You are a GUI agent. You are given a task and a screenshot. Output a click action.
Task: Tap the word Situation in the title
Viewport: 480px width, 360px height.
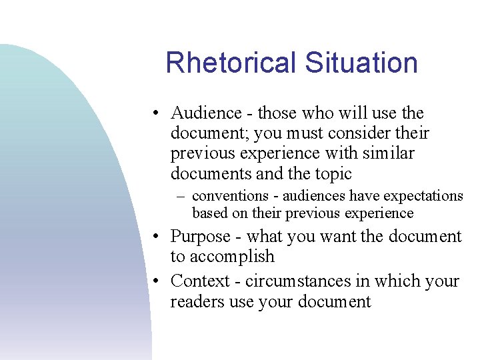click(361, 63)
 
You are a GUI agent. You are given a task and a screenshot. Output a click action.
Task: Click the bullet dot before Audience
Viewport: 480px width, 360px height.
click(154, 114)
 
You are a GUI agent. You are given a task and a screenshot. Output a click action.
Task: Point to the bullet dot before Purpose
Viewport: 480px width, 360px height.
click(154, 237)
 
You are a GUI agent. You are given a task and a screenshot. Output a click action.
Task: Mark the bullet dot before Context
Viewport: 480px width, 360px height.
click(154, 281)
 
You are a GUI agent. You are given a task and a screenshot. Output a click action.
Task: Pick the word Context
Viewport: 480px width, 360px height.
click(199, 281)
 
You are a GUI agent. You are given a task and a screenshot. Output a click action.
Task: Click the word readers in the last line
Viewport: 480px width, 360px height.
click(196, 301)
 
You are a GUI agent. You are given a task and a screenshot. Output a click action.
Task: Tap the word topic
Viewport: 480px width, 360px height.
click(333, 173)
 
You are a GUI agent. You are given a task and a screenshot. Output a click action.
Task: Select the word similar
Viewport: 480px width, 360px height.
click(388, 153)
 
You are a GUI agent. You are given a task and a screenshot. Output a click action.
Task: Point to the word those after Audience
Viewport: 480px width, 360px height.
click(279, 113)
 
